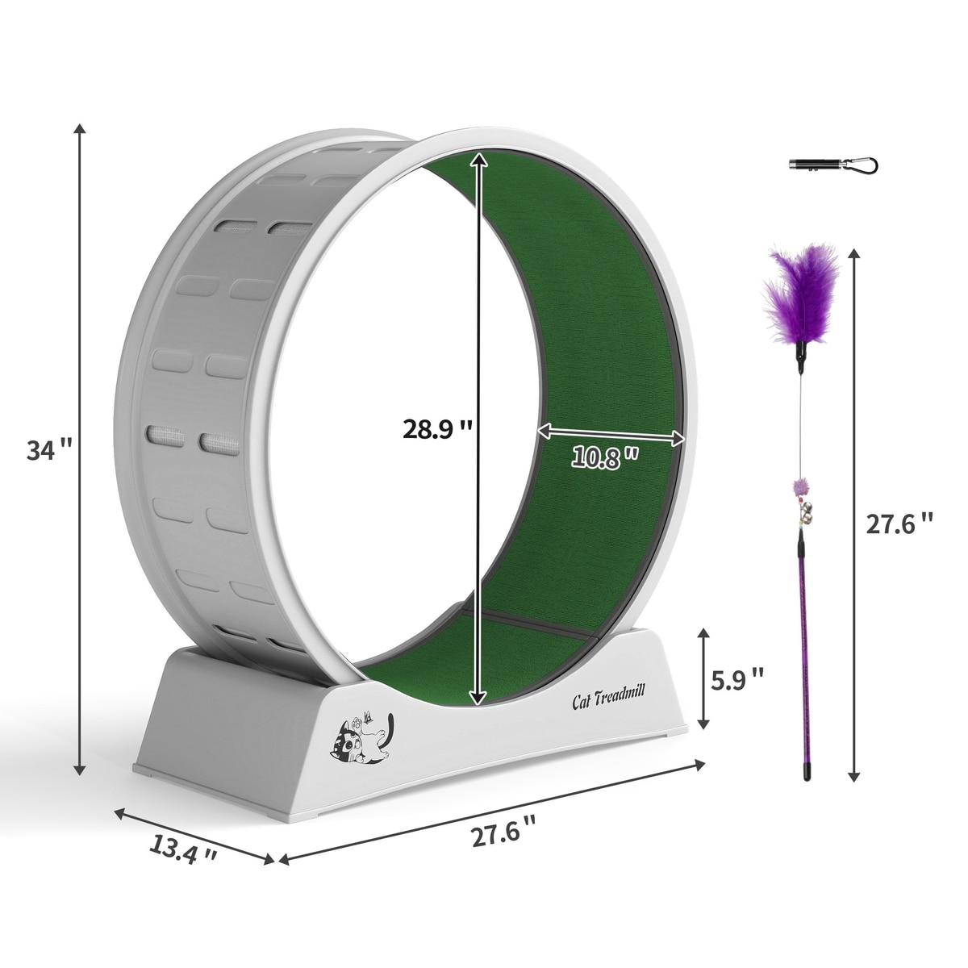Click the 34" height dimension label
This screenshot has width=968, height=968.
(x=50, y=450)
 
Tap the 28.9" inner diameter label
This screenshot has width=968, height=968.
(x=437, y=428)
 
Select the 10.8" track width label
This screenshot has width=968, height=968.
(x=605, y=458)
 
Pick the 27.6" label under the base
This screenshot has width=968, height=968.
(x=504, y=835)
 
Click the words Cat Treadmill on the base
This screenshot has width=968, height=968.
(x=608, y=699)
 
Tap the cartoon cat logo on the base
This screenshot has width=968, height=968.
(x=361, y=738)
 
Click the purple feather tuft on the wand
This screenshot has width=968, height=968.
(x=800, y=296)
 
